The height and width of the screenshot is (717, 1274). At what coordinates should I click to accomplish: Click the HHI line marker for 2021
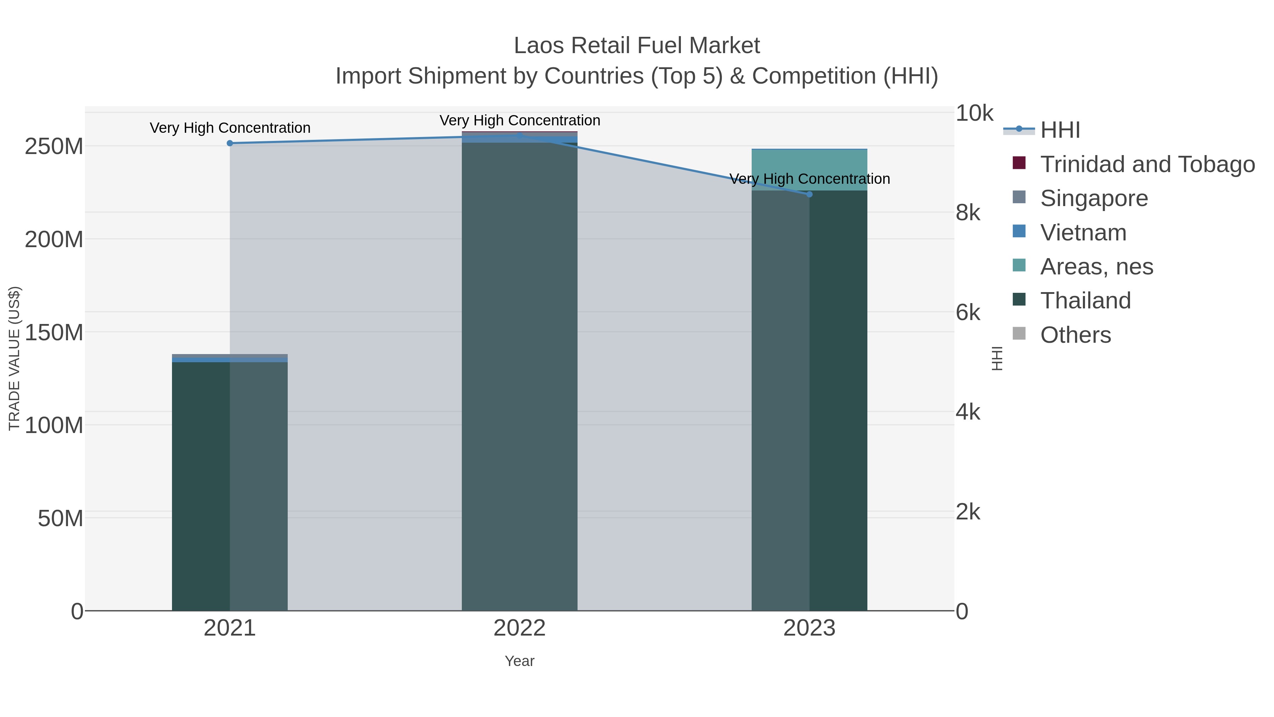tap(229, 143)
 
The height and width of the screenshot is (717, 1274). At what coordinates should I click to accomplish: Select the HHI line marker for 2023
tap(809, 194)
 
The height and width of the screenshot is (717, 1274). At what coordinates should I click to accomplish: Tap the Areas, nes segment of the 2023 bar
tap(809, 170)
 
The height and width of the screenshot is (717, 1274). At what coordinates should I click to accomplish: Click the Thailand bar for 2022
tap(519, 376)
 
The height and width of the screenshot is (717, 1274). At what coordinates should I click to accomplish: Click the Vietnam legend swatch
tap(1019, 231)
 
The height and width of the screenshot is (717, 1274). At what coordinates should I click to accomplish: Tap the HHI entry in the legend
tap(1060, 130)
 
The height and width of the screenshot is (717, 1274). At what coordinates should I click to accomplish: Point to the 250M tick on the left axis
tap(53, 147)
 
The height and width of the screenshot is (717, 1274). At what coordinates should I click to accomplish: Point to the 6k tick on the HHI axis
tap(968, 313)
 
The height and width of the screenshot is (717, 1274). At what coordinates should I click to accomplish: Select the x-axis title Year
tap(519, 661)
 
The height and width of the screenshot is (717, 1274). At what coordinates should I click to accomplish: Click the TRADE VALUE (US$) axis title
tap(15, 358)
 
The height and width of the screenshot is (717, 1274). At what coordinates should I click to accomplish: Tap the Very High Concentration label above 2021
tap(230, 128)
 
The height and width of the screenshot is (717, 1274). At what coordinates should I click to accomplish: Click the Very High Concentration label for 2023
tap(809, 179)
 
